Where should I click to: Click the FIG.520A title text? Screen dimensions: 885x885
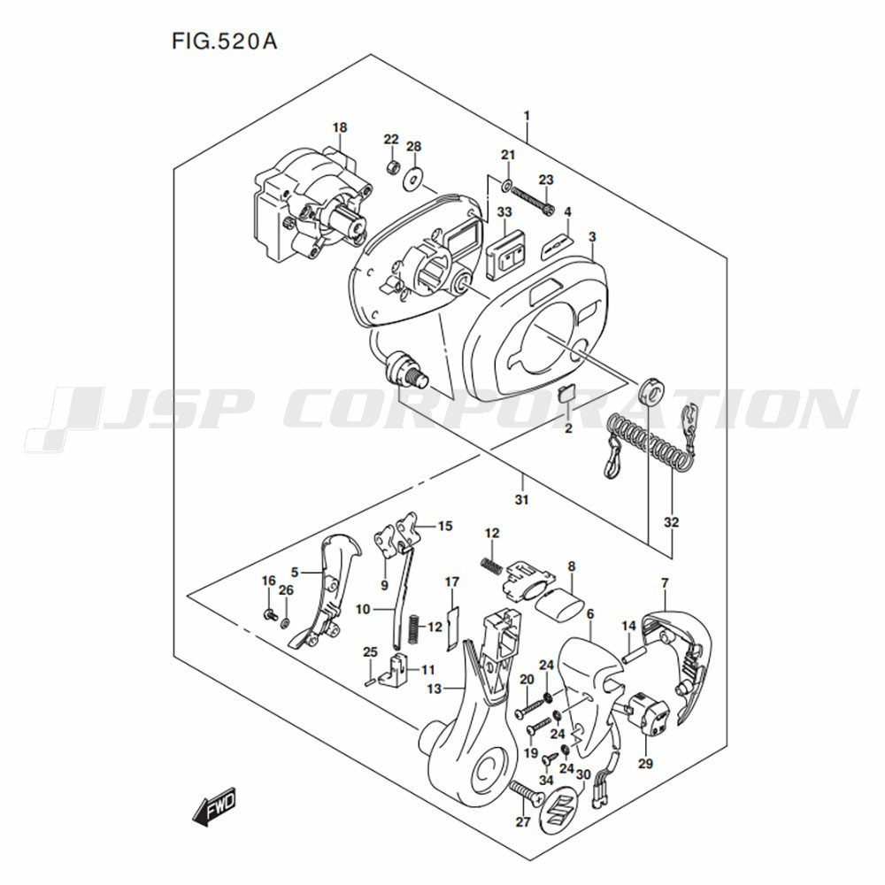click(225, 42)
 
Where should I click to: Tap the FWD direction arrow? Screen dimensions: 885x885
click(213, 805)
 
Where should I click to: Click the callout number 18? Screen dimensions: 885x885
click(340, 127)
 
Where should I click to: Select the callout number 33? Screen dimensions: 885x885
click(504, 212)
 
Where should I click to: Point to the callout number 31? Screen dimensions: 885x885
click(521, 499)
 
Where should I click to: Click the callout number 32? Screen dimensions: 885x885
click(671, 523)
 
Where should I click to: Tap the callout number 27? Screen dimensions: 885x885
click(523, 822)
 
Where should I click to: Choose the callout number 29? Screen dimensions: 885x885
click(645, 763)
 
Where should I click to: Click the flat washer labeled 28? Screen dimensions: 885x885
click(413, 180)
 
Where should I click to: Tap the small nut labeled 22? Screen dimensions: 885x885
click(390, 166)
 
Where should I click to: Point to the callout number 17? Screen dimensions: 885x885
click(452, 581)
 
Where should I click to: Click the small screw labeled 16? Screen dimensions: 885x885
click(269, 614)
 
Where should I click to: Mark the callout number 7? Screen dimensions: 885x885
click(665, 581)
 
